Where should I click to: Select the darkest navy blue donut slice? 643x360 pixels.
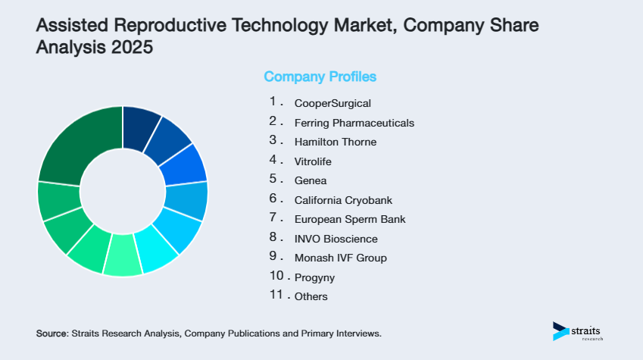pyautogui.click(x=139, y=122)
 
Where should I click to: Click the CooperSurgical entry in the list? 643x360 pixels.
pyautogui.click(x=332, y=103)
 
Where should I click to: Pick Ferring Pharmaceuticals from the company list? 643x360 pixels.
pyautogui.click(x=354, y=123)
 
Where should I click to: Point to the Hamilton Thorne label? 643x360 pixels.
pyautogui.click(x=335, y=142)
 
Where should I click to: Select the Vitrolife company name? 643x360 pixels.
pyautogui.click(x=313, y=161)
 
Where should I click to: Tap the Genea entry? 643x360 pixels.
pyautogui.click(x=310, y=180)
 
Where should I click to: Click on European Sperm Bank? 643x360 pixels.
pyautogui.click(x=349, y=219)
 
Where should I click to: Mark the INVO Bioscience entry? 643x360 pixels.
pyautogui.click(x=336, y=239)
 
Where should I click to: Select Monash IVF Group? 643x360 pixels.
pyautogui.click(x=340, y=258)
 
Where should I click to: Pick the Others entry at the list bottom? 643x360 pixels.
pyautogui.click(x=311, y=296)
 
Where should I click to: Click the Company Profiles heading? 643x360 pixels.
pyautogui.click(x=320, y=77)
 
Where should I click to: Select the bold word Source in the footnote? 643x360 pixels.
pyautogui.click(x=52, y=333)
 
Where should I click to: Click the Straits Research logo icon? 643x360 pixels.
pyautogui.click(x=560, y=331)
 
